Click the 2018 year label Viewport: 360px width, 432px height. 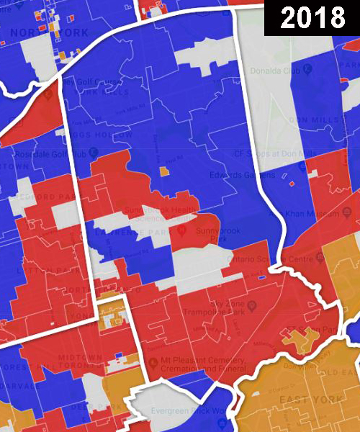click(312, 18)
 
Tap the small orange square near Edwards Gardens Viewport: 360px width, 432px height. click(164, 172)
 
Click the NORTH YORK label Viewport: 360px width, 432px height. click(50, 33)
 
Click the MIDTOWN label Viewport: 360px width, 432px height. click(81, 358)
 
